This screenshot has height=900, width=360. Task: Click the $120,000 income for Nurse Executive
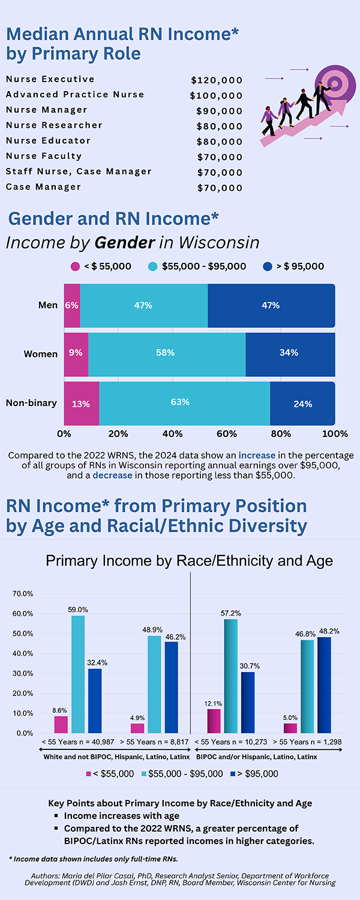pos(217,80)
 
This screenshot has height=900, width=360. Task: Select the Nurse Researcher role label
pos(54,125)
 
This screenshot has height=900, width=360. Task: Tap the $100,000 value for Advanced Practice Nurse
pos(216,95)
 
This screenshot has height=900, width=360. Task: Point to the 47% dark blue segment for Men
pos(271,305)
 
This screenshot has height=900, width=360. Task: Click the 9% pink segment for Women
pos(76,353)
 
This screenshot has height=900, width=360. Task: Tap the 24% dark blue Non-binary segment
pos(302,404)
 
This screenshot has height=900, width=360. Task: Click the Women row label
pos(41,354)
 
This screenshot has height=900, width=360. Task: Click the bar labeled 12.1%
pos(214,721)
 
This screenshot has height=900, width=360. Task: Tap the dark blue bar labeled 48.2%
pos(324,685)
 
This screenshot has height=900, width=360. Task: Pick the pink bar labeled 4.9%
pos(137,728)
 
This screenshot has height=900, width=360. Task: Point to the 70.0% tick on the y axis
pos(23,594)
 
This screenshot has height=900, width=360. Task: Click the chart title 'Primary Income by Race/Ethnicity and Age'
pos(189,561)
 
